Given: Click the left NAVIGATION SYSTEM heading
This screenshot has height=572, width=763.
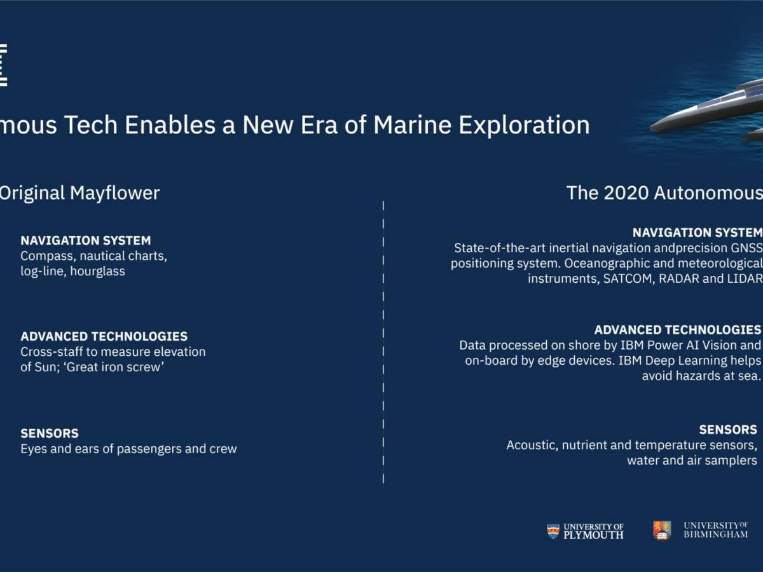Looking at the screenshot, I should click(86, 240).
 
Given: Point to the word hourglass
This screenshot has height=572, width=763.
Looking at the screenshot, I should click(97, 271).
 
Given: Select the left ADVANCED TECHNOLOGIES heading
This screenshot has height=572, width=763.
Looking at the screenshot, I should click(104, 336).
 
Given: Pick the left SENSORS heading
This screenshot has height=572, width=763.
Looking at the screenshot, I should click(50, 433).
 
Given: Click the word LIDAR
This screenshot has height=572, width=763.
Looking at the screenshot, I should click(743, 279).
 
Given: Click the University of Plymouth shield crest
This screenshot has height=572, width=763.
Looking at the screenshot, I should click(553, 531).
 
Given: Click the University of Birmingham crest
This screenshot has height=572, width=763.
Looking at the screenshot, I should click(662, 531).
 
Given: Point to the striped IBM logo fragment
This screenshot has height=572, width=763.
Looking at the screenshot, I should click(3, 65).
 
